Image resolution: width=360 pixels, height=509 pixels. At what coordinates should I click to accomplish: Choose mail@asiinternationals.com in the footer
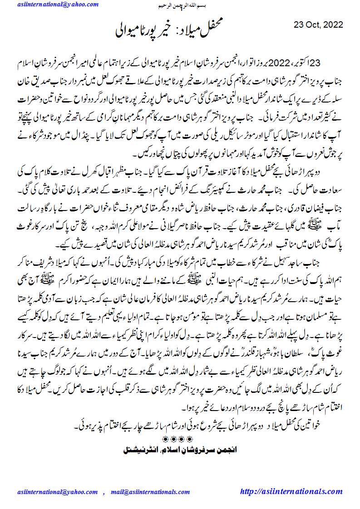[x=149, y=492]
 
